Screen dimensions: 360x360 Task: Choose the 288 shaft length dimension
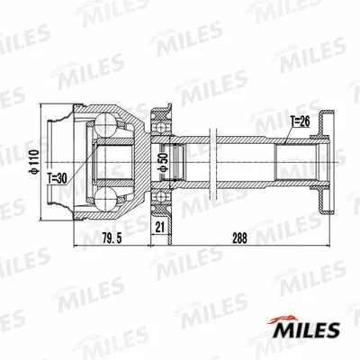pyautogui.click(x=239, y=238)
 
